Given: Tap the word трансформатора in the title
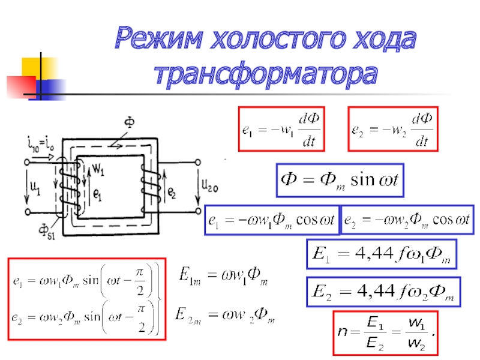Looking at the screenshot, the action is tap(266, 75).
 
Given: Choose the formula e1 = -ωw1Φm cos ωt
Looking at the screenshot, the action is tap(271, 220).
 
